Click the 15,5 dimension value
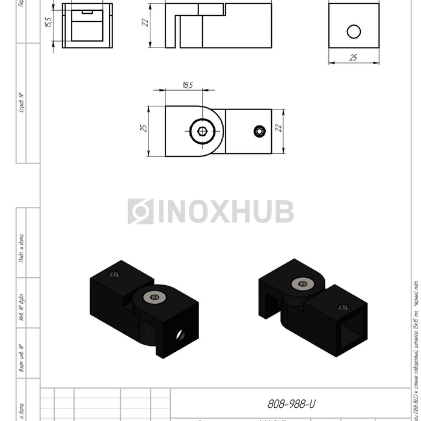click(x=49, y=23)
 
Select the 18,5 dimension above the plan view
click(x=187, y=85)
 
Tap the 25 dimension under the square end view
click(x=354, y=57)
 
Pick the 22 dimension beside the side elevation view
click(x=145, y=23)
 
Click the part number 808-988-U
click(x=291, y=404)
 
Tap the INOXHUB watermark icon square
click(x=140, y=212)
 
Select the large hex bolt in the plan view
click(x=201, y=131)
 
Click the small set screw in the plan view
click(x=259, y=131)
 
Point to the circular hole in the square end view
click(x=354, y=31)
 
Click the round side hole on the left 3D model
click(x=180, y=335)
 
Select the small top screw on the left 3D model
click(x=114, y=275)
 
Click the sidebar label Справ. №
click(x=22, y=102)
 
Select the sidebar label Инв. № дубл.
click(x=22, y=304)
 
